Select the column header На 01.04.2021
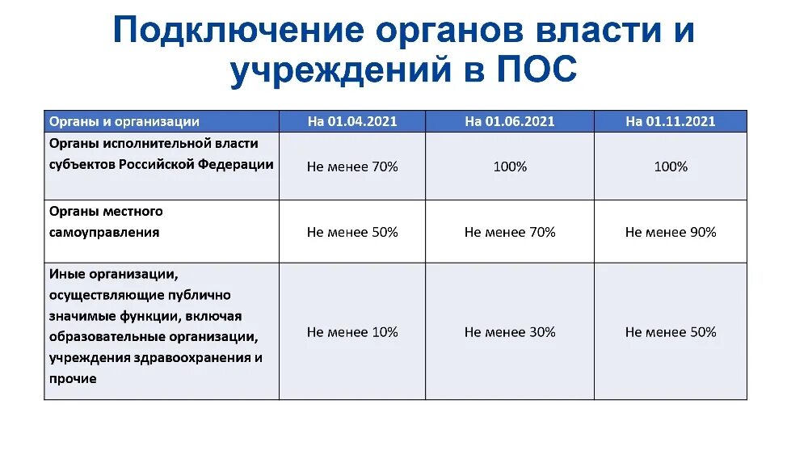[352, 121]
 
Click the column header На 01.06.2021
[510, 121]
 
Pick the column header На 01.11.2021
[671, 121]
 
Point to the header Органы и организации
[124, 121]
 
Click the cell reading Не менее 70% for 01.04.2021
[352, 166]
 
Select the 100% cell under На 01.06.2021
[510, 166]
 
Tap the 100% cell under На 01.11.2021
[671, 166]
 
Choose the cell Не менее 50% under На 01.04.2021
[352, 232]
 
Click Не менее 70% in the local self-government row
[510, 232]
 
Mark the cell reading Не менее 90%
[671, 232]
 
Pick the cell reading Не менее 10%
[352, 332]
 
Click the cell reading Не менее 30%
[510, 332]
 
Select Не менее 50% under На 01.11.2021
[671, 332]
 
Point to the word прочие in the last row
[73, 378]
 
